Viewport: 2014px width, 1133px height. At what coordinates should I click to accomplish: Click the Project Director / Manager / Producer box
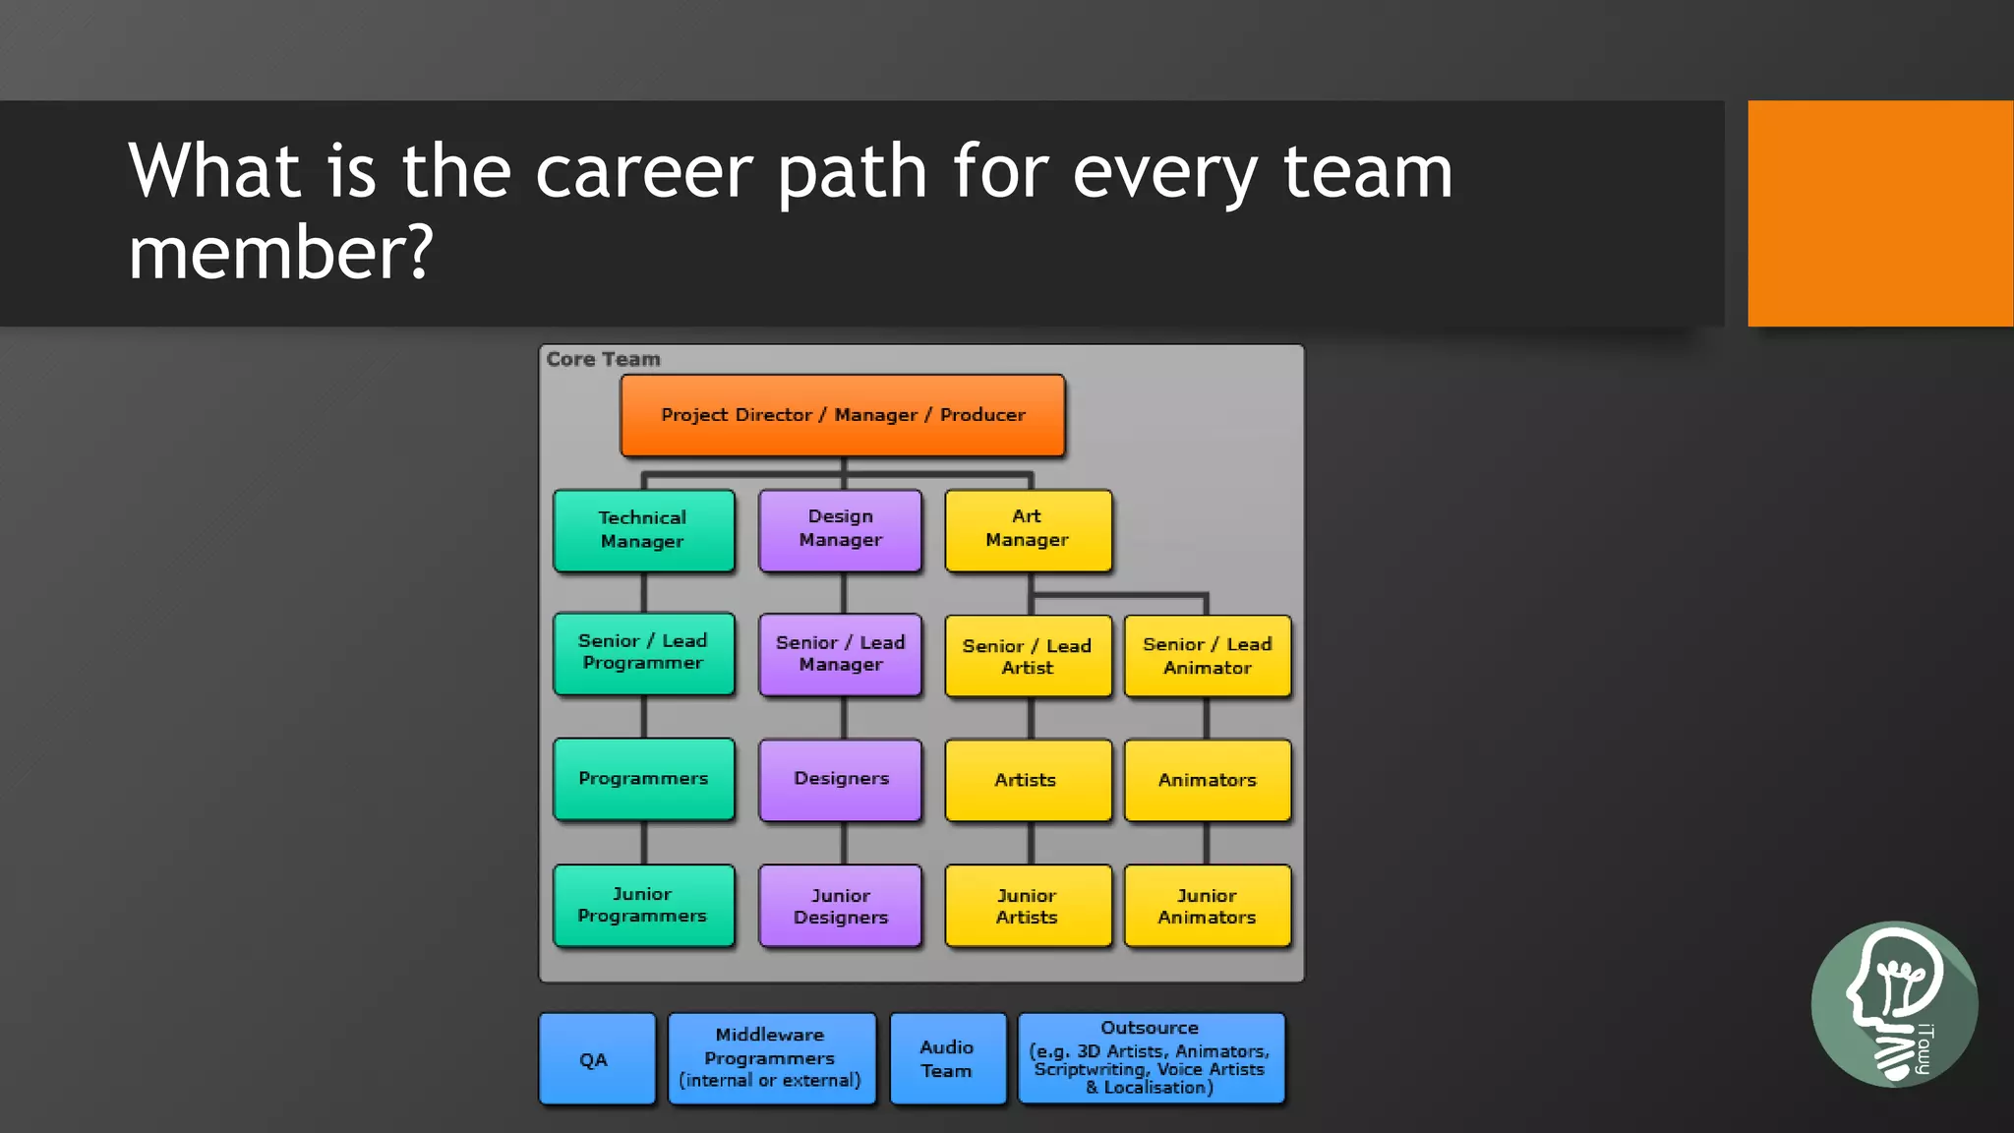pyautogui.click(x=842, y=415)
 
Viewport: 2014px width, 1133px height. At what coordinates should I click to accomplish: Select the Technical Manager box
pyautogui.click(x=643, y=530)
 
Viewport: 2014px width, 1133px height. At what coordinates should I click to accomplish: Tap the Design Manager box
pyautogui.click(x=840, y=529)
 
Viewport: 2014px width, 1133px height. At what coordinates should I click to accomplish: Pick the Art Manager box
pyautogui.click(x=1028, y=529)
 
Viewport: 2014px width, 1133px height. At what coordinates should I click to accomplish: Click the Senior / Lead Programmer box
pyautogui.click(x=643, y=653)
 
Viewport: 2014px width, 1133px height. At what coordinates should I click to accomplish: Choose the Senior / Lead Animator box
pyautogui.click(x=1207, y=656)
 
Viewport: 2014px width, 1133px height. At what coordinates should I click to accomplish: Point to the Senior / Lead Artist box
pyautogui.click(x=1028, y=656)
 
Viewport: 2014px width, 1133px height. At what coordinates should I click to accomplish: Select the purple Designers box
pyautogui.click(x=840, y=779)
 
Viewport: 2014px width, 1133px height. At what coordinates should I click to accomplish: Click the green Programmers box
pyautogui.click(x=643, y=779)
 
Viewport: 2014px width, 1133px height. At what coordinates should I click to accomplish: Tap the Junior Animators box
pyautogui.click(x=1207, y=906)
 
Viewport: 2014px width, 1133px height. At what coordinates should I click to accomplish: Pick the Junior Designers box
pyautogui.click(x=840, y=906)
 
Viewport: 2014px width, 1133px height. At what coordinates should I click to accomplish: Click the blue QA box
pyautogui.click(x=596, y=1059)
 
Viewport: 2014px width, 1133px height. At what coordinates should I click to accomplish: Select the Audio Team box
pyautogui.click(x=947, y=1059)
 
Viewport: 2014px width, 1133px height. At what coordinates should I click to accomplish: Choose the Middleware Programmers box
pyautogui.click(x=771, y=1058)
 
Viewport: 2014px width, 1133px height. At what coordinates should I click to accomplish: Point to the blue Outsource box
pyautogui.click(x=1151, y=1058)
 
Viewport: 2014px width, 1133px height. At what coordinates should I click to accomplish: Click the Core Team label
pyautogui.click(x=603, y=360)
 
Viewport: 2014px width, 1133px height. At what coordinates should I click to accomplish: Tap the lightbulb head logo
pyautogui.click(x=1893, y=1004)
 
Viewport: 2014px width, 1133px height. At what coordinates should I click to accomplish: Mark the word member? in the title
pyautogui.click(x=280, y=254)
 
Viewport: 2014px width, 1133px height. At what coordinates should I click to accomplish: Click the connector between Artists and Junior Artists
pyautogui.click(x=1030, y=843)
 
